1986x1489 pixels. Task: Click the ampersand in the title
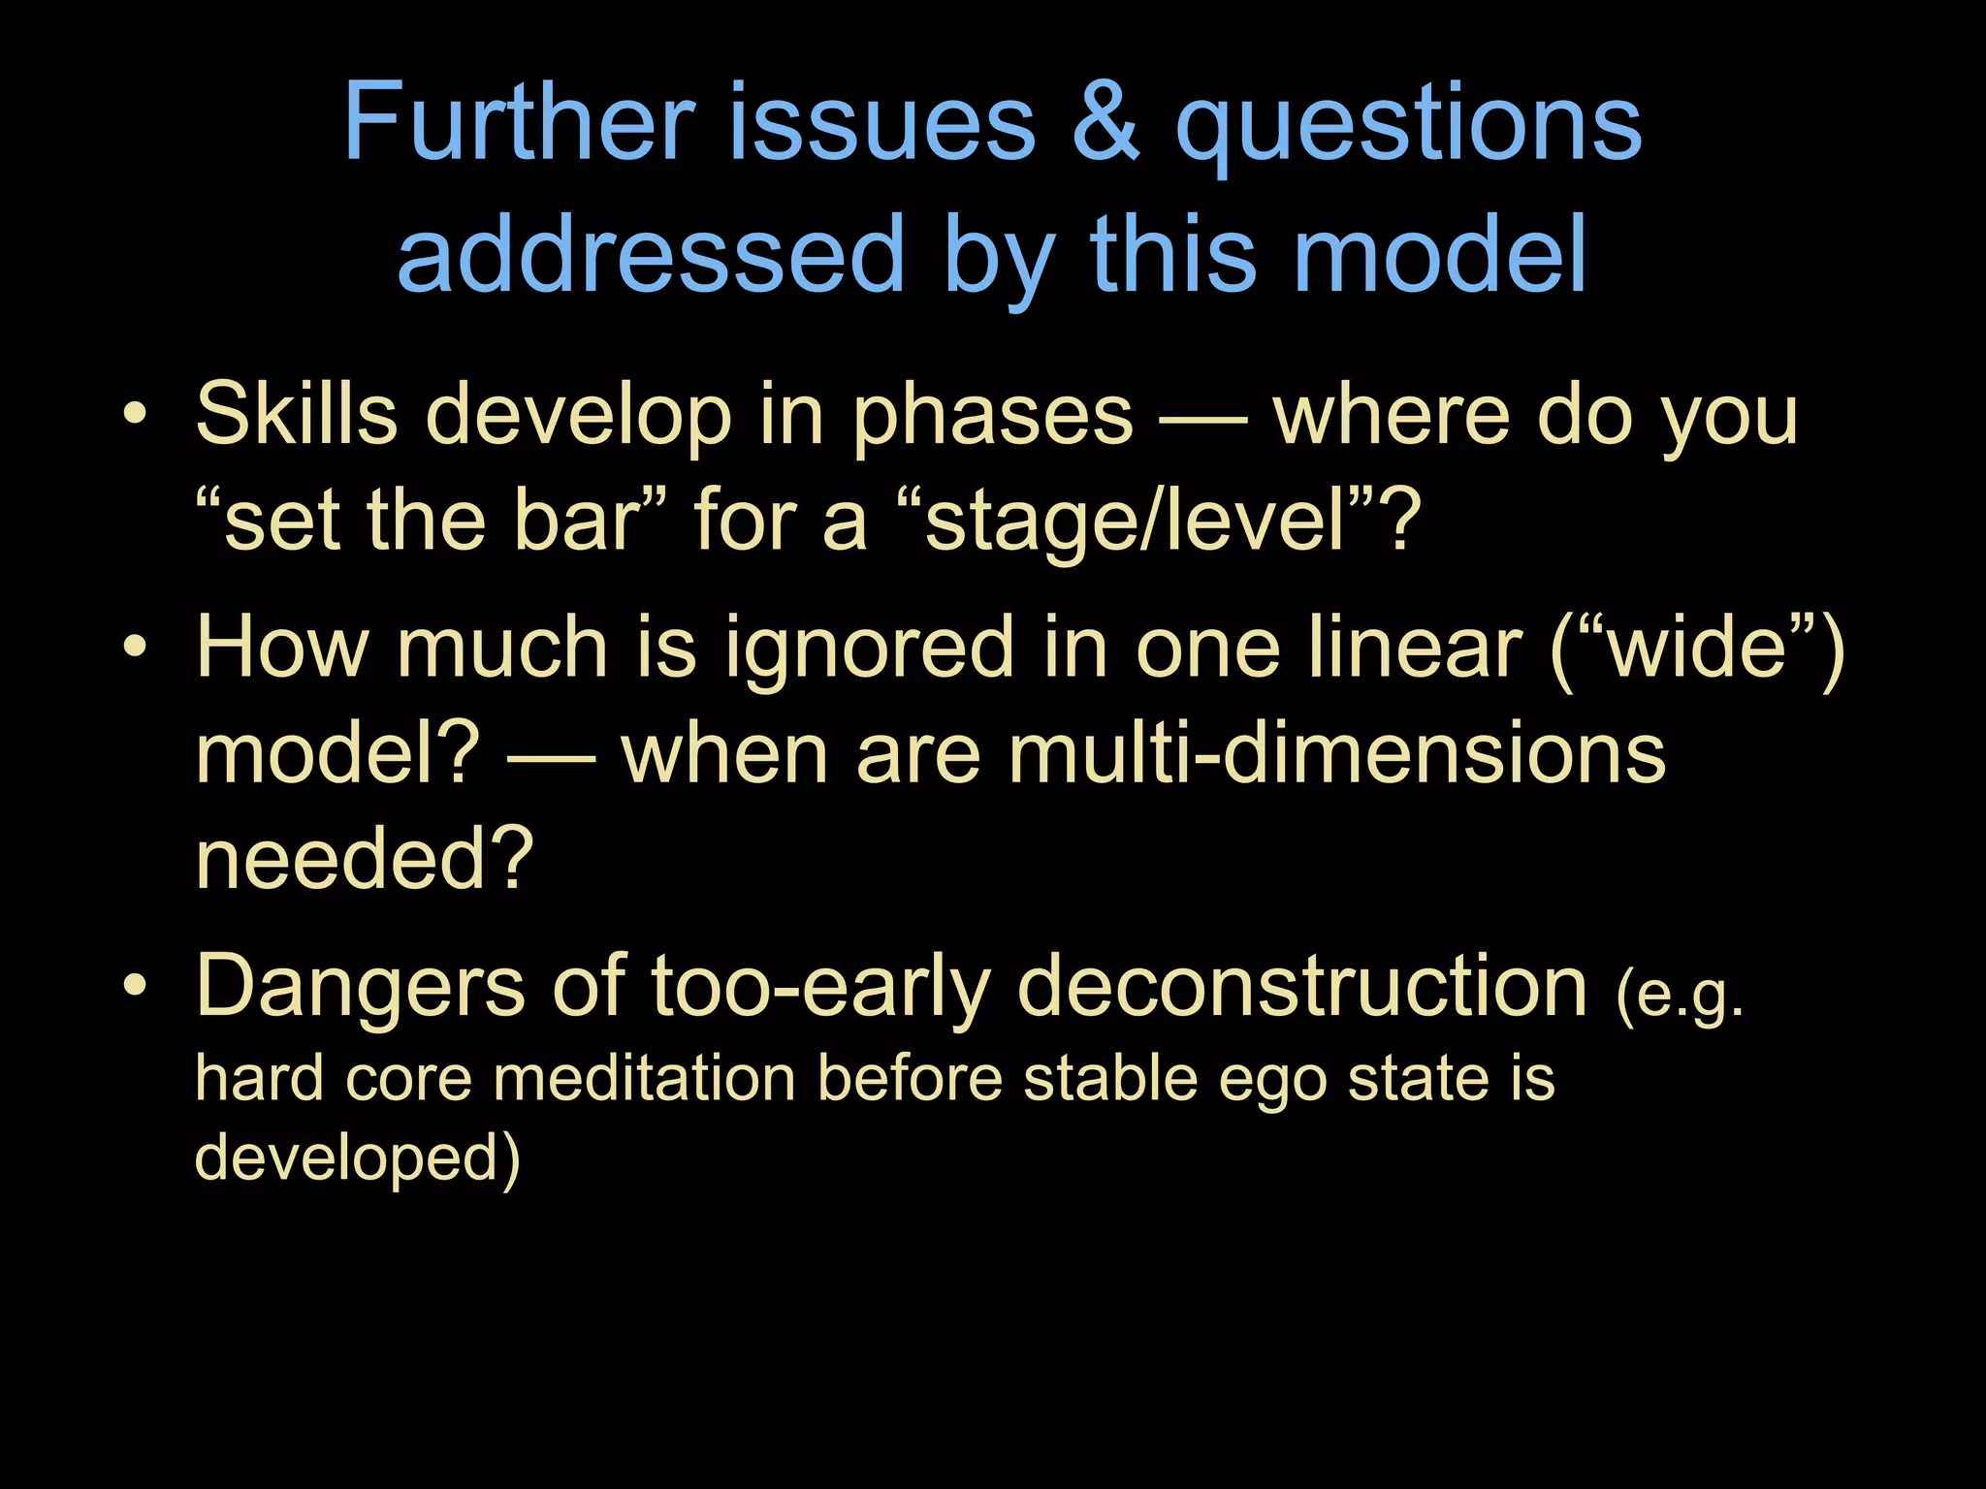[1105, 124]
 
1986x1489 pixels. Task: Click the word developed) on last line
[358, 1157]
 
